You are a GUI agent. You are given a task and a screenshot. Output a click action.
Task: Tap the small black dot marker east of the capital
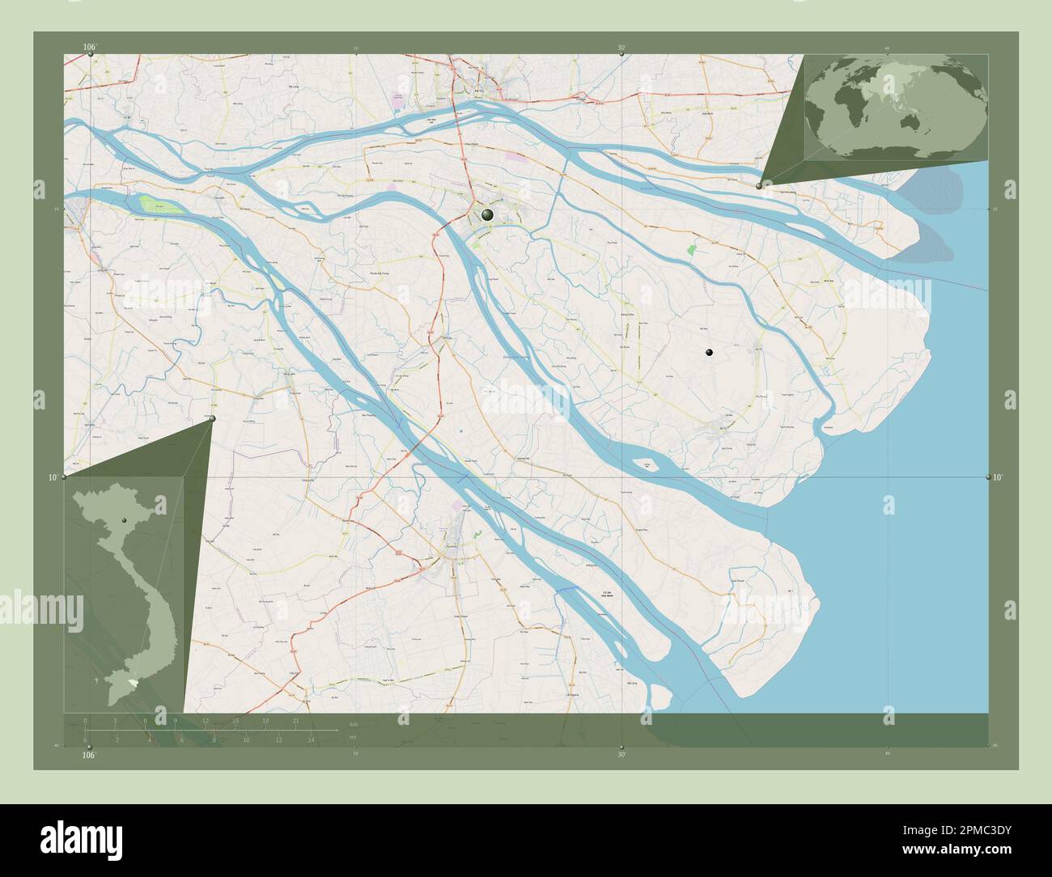[x=709, y=352]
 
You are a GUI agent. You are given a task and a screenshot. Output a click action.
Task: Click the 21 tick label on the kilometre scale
[x=297, y=720]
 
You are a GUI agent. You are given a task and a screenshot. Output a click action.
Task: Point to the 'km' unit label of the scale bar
[x=352, y=723]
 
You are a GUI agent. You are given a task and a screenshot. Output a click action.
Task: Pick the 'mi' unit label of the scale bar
[x=352, y=737]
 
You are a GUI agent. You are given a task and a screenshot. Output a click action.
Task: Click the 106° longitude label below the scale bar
[x=89, y=755]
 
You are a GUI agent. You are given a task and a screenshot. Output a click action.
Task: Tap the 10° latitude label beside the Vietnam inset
[x=52, y=477]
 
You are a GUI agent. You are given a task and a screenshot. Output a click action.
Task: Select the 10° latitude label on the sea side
[x=999, y=477]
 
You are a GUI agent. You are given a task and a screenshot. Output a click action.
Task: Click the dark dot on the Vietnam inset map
[x=125, y=520]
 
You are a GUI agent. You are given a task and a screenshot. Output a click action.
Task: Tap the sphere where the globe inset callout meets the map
[x=759, y=186]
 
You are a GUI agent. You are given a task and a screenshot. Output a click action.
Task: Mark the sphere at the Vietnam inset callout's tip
[x=213, y=418]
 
